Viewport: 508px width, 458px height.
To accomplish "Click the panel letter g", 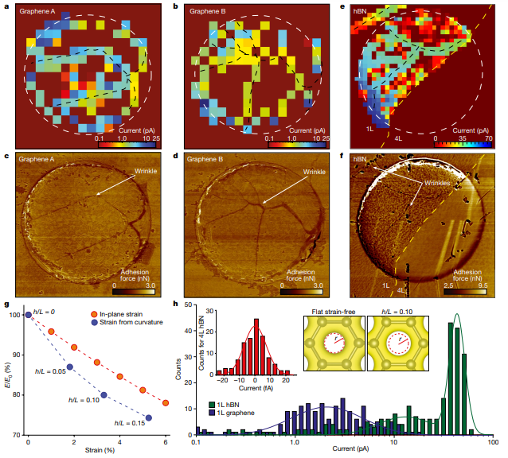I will point(6,305).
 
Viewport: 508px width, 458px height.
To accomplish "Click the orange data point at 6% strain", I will point(166,403).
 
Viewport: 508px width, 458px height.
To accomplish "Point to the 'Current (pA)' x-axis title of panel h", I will point(343,451).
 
